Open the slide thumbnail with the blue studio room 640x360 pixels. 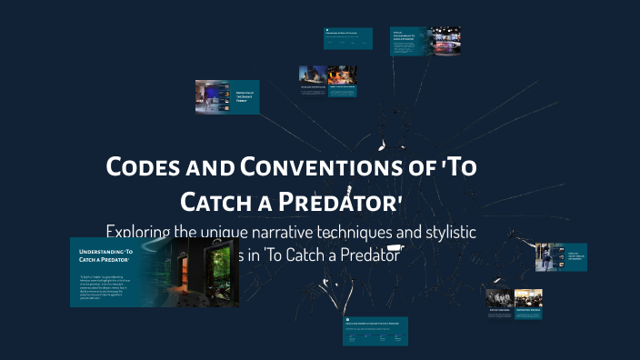coord(215,96)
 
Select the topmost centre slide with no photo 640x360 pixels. coord(348,38)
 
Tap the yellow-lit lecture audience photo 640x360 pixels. coord(528,297)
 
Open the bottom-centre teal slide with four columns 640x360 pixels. coord(375,331)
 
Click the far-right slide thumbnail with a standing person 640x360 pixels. coord(549,257)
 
